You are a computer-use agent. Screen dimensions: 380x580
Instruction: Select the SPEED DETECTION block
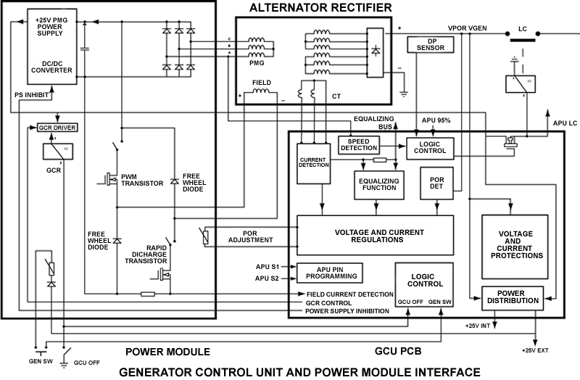[359, 144]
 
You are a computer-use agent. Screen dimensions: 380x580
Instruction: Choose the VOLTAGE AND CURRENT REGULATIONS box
[375, 234]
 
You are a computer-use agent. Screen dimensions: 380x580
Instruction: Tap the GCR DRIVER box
[57, 128]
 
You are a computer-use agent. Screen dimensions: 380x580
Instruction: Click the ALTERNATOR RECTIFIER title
[320, 8]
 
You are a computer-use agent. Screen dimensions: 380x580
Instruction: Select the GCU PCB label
[399, 352]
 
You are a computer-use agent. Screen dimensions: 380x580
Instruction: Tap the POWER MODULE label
[167, 352]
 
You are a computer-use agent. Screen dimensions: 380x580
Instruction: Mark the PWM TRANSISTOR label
[142, 180]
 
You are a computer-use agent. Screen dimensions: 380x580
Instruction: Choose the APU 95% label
[436, 120]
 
